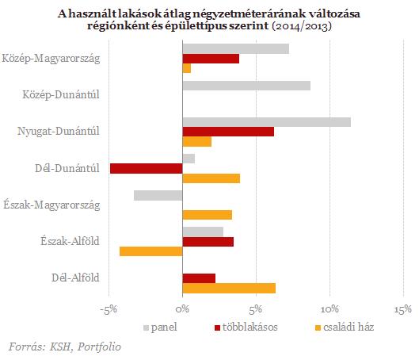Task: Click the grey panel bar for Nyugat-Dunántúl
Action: click(267, 122)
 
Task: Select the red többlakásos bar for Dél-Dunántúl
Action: click(147, 168)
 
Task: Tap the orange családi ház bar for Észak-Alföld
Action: click(151, 251)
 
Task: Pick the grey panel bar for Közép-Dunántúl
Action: click(246, 86)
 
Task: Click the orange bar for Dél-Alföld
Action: click(229, 289)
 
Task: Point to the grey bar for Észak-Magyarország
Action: click(158, 195)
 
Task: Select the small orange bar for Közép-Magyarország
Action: click(187, 68)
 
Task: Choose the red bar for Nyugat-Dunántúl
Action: click(228, 132)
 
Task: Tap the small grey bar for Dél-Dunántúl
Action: click(189, 159)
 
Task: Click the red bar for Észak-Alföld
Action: click(208, 242)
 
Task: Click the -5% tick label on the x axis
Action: click(109, 309)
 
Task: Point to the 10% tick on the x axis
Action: click(329, 309)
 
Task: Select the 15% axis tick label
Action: click(403, 309)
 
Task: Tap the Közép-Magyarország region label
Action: click(51, 59)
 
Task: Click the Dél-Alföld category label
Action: click(75, 278)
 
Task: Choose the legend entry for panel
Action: click(160, 327)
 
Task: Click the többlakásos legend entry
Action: click(246, 327)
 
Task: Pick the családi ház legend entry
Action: click(345, 327)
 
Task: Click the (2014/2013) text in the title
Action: click(302, 26)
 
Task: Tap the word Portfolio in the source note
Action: click(99, 347)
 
